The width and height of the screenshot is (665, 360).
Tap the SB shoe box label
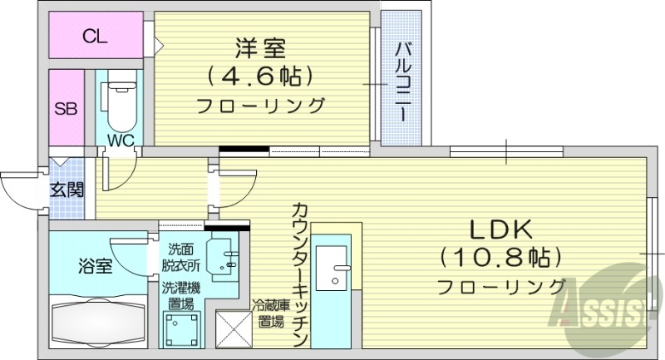click(x=66, y=108)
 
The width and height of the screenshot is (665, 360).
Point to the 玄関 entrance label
click(x=66, y=190)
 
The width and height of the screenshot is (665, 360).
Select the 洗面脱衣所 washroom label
click(x=184, y=258)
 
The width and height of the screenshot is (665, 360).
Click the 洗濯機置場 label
click(x=181, y=296)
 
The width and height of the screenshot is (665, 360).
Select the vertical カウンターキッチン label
click(x=299, y=274)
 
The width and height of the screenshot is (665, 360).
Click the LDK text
click(x=499, y=228)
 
